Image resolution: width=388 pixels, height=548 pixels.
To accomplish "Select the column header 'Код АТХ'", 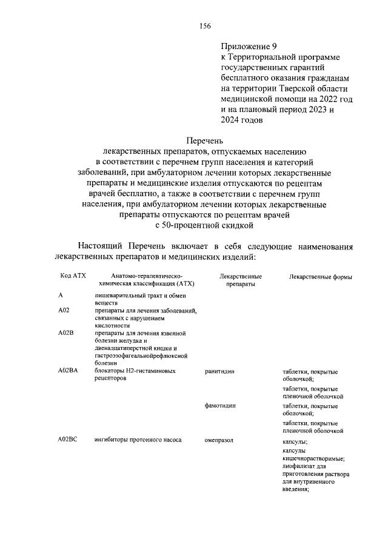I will click(73, 276).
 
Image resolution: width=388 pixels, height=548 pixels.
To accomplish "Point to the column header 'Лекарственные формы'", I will click(321, 277).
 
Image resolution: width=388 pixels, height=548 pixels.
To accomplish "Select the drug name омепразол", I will click(219, 440).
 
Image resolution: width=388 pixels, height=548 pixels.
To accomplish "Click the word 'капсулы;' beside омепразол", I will click(295, 443).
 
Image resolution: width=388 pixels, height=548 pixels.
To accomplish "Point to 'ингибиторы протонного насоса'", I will click(138, 440).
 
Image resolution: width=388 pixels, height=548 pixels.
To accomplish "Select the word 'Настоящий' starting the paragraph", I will click(100, 246).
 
